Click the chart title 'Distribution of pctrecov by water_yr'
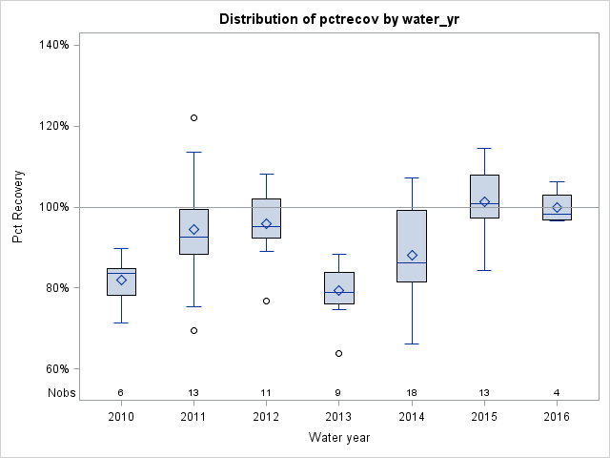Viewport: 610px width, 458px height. click(x=338, y=19)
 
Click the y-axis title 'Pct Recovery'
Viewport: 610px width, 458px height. click(x=19, y=207)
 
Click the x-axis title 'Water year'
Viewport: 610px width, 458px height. click(x=338, y=438)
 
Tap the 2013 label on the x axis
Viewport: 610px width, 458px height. click(x=338, y=417)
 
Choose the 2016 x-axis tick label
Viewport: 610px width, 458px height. click(x=557, y=417)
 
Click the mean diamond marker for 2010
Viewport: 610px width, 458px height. click(x=121, y=280)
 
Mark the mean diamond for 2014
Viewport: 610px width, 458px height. click(x=412, y=256)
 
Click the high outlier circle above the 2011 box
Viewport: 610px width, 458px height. click(x=193, y=117)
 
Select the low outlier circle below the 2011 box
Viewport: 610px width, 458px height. click(x=193, y=331)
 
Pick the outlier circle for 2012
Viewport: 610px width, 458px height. click(x=266, y=301)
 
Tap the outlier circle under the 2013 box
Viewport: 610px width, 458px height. click(x=338, y=353)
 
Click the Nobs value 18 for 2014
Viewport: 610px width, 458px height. click(x=412, y=393)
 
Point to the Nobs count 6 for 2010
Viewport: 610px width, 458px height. click(x=121, y=393)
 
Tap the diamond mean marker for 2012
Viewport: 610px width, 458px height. click(x=266, y=223)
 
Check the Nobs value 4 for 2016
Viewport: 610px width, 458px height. click(x=557, y=393)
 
